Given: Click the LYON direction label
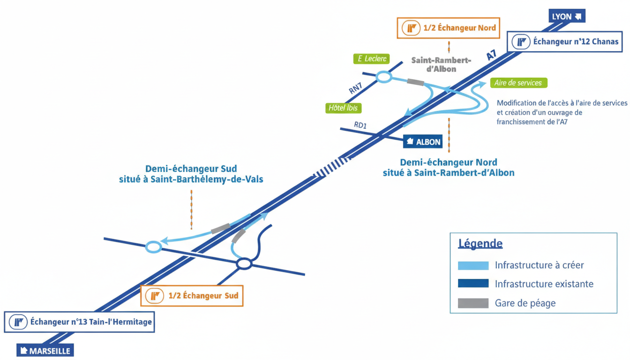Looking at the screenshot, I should click(x=567, y=16).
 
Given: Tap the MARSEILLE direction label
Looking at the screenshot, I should click(x=45, y=351).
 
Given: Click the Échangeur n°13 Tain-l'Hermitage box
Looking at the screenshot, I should click(x=79, y=322).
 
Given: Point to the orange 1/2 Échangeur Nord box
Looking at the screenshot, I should click(x=448, y=28).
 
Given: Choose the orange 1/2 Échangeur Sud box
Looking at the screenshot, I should click(x=192, y=296).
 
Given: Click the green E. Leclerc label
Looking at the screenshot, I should click(x=372, y=59).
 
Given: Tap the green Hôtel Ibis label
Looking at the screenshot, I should click(x=343, y=108).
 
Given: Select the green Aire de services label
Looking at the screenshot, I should click(x=518, y=83).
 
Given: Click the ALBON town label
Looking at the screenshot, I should click(x=423, y=142).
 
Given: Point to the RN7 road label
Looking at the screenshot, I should click(x=355, y=87).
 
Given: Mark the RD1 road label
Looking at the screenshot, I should click(x=360, y=126).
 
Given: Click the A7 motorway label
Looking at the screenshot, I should click(x=491, y=55).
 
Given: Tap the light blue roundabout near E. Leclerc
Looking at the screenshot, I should click(x=384, y=77).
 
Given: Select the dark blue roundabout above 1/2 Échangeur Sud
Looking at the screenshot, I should click(x=244, y=264).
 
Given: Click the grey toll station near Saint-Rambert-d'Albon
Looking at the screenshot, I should click(x=415, y=82).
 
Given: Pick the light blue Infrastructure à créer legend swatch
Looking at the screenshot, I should click(x=473, y=265).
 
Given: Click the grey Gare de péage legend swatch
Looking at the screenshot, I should click(x=473, y=303).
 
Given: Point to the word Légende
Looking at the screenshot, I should click(x=480, y=244).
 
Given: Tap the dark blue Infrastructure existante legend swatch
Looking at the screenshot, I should click(x=473, y=284).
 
